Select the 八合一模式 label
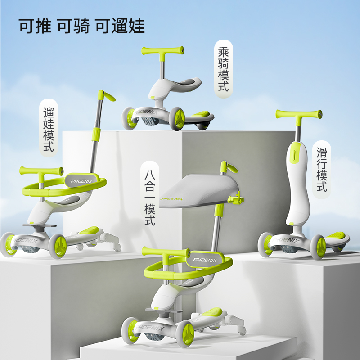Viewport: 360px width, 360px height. tap(150, 194)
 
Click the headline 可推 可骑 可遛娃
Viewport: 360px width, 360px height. tap(81, 26)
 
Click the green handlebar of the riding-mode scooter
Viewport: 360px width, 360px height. tap(163, 50)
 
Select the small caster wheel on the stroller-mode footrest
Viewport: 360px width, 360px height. tap(117, 248)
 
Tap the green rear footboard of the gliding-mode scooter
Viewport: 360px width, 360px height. tap(336, 236)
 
